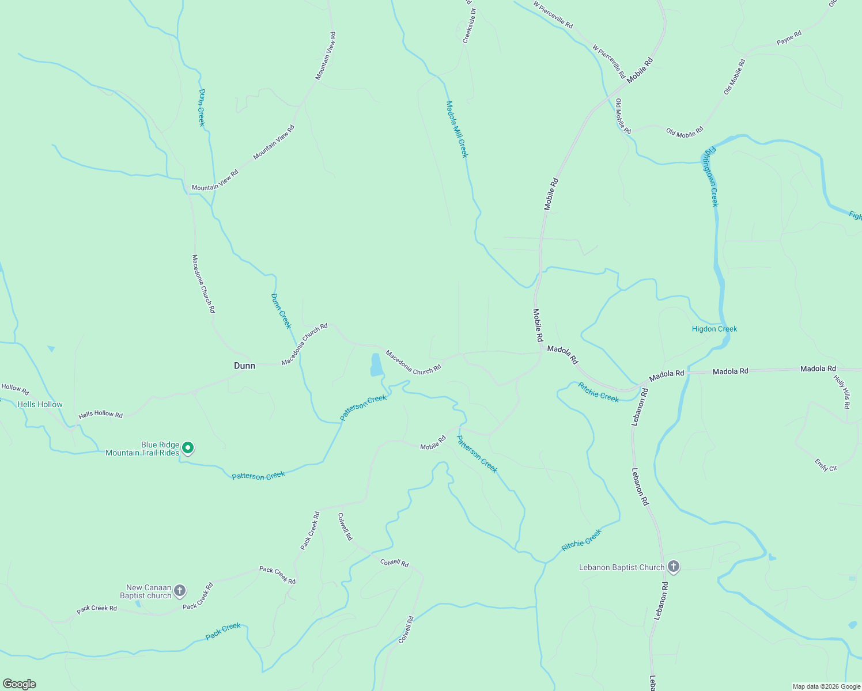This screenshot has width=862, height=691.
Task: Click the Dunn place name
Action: tap(244, 366)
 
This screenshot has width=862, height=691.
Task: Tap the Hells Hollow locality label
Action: tap(40, 404)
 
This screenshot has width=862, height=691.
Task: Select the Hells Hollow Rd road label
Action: tap(100, 414)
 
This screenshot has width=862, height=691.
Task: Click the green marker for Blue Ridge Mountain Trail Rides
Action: tap(187, 447)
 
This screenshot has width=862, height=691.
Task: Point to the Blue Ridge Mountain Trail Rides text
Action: tap(142, 449)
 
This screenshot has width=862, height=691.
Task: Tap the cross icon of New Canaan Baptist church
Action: tap(180, 590)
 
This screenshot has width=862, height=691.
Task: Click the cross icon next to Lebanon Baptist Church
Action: tap(673, 567)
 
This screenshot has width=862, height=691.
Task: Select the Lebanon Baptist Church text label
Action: tap(621, 567)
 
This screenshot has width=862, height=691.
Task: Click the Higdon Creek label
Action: tap(714, 329)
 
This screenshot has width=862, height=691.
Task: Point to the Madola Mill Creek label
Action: tap(457, 129)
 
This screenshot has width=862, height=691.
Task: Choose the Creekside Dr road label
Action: tap(470, 25)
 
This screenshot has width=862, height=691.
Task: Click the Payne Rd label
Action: tap(789, 38)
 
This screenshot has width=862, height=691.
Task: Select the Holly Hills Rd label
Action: tap(842, 392)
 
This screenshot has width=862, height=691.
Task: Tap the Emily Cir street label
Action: tap(826, 465)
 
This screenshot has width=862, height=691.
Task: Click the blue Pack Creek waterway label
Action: tap(223, 631)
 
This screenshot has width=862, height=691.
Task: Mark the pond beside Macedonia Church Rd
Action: tap(376, 365)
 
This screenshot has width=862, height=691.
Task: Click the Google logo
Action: tap(19, 684)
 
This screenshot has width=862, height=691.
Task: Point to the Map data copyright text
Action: tap(826, 686)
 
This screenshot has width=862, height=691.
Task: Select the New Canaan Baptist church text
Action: tap(149, 591)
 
